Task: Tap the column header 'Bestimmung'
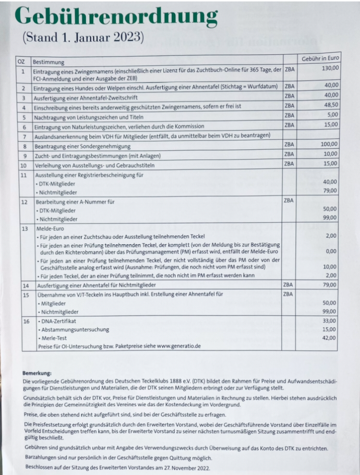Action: (48, 62)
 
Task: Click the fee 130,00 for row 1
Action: (330, 69)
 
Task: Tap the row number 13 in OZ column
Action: (24, 228)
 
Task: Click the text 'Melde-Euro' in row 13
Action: (47, 228)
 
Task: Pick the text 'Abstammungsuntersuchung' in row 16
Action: (74, 330)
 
